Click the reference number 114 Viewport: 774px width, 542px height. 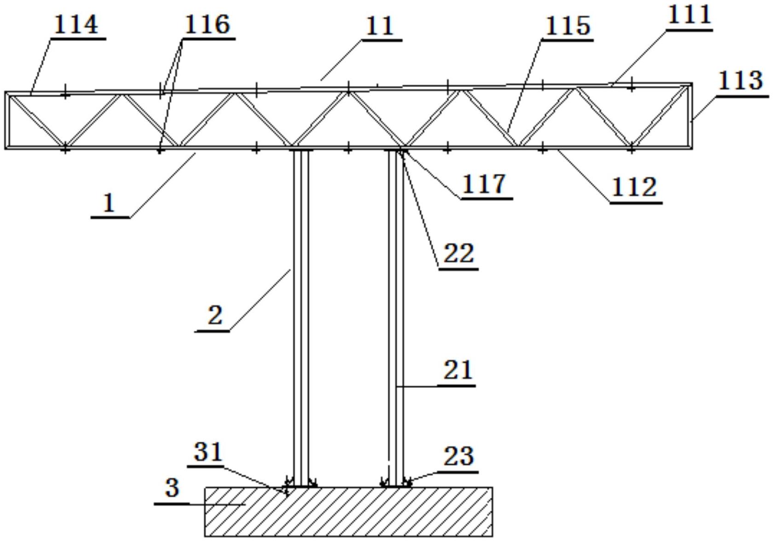76,25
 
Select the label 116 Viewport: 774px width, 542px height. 207,25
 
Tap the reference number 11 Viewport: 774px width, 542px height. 380,26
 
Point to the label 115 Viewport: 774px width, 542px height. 568,26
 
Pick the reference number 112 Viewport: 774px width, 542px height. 634,188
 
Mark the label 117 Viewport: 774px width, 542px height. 484,184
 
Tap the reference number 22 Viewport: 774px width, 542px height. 459,254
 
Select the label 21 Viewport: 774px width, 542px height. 458,370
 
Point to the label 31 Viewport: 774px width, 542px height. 208,452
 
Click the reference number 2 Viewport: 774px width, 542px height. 215,315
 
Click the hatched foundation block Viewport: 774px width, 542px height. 349,512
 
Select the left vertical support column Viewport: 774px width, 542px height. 301,318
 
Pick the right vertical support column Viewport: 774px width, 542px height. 396,318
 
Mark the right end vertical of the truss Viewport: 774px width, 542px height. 690,116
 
